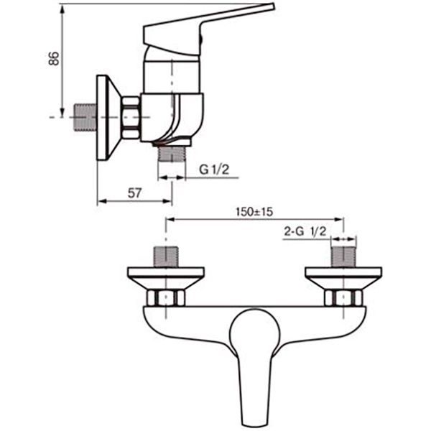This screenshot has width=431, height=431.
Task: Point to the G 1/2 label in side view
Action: (214, 170)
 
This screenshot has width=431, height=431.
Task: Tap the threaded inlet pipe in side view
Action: (85, 116)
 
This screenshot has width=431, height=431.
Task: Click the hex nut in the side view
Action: (131, 116)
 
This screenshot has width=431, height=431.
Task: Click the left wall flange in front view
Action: (166, 274)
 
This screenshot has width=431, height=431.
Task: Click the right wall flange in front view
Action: (343, 274)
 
